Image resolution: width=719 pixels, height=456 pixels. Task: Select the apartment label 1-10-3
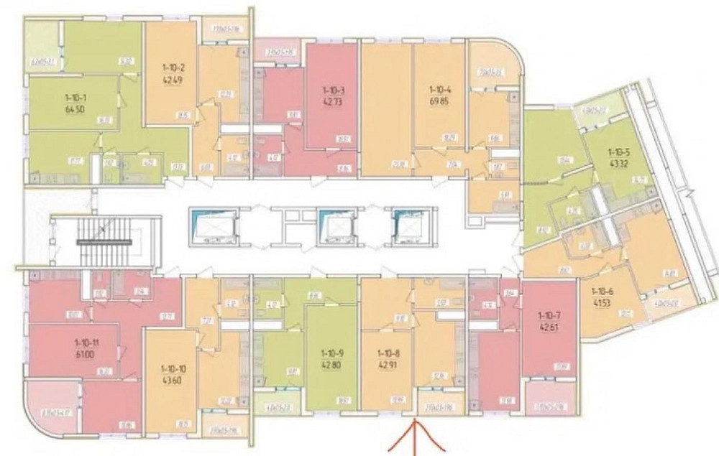point(332,90)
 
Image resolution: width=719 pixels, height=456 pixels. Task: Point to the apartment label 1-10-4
point(438,90)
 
